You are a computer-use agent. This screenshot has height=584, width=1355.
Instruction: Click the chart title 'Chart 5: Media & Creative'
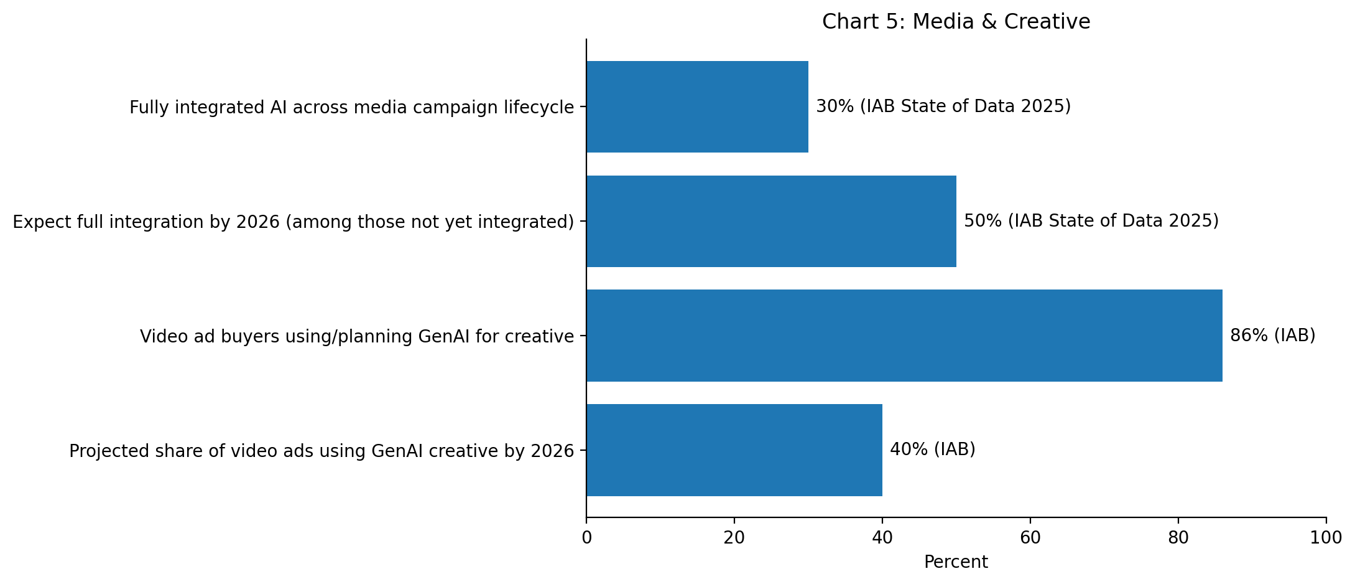(x=956, y=22)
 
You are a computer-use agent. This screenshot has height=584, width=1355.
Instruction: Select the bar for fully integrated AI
(x=697, y=106)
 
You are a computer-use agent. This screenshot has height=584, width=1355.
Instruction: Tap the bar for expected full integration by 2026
(x=771, y=221)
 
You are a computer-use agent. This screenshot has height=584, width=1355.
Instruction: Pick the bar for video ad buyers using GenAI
(x=904, y=336)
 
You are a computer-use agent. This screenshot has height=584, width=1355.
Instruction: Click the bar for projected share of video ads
(x=734, y=450)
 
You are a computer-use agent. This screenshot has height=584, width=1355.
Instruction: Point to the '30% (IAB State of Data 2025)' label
(x=943, y=106)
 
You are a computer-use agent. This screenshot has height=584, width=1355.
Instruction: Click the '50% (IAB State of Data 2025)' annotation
(x=1091, y=221)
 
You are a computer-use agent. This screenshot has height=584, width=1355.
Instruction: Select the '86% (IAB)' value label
(x=1273, y=336)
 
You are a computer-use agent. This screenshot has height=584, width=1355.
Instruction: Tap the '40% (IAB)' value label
(x=933, y=450)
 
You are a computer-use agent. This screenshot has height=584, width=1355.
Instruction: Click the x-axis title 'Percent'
(x=956, y=562)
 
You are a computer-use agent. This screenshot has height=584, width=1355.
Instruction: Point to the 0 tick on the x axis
(x=586, y=538)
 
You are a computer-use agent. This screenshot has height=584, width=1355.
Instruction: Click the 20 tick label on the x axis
(x=734, y=538)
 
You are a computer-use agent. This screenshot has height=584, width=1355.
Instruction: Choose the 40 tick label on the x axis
(x=882, y=538)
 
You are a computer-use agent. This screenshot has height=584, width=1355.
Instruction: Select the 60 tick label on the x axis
(x=1030, y=538)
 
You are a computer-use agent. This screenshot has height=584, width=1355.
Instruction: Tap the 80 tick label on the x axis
(x=1178, y=538)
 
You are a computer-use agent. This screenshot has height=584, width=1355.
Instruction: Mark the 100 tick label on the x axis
(x=1326, y=538)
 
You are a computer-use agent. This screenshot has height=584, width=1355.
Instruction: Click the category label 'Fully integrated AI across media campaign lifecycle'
(x=352, y=108)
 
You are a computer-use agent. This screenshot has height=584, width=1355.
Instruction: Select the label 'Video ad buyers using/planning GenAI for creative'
(x=357, y=337)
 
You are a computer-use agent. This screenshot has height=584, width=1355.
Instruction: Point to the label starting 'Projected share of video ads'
(x=321, y=451)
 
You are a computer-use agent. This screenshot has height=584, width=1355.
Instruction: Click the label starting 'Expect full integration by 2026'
(x=294, y=222)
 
